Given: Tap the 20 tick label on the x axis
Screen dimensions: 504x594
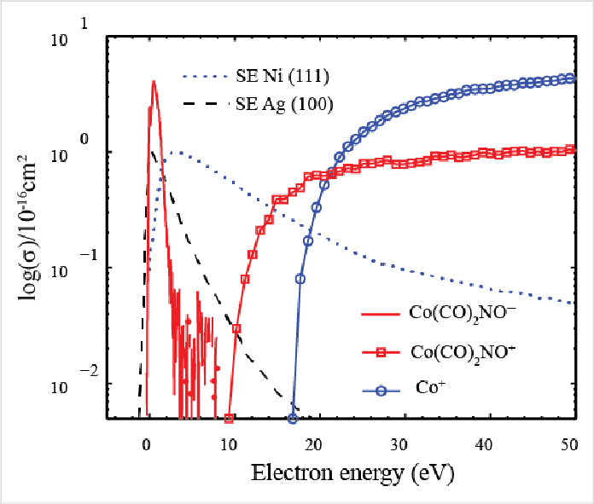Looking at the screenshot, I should coord(315,445).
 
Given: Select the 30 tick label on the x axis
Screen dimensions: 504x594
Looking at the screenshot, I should coord(400,445).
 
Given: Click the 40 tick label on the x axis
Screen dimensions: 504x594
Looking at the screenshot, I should coord(485,445).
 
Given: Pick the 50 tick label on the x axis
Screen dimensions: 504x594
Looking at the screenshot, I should coord(568,445).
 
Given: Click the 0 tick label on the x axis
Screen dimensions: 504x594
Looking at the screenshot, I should coord(146,445).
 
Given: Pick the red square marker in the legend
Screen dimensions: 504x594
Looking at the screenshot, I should coord(381,350).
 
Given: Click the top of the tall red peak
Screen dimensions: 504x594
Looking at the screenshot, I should coord(154,82).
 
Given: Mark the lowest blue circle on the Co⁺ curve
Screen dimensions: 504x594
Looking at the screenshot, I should coord(293,418).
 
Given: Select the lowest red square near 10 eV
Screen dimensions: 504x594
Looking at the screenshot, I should coord(229,418).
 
